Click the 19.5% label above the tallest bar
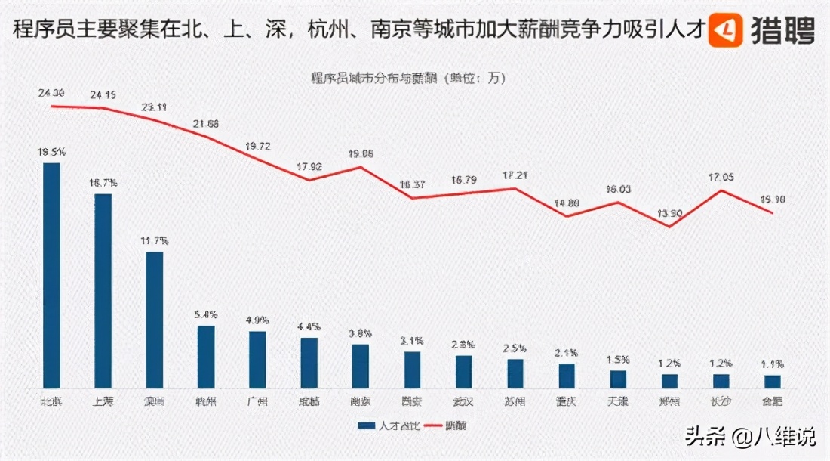coord(51,152)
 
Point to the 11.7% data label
coord(154,240)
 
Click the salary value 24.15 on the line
coord(103,95)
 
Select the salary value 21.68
coord(205,123)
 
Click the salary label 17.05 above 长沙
coord(722,178)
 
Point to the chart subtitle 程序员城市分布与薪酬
coord(408,77)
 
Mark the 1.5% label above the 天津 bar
coord(618,360)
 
